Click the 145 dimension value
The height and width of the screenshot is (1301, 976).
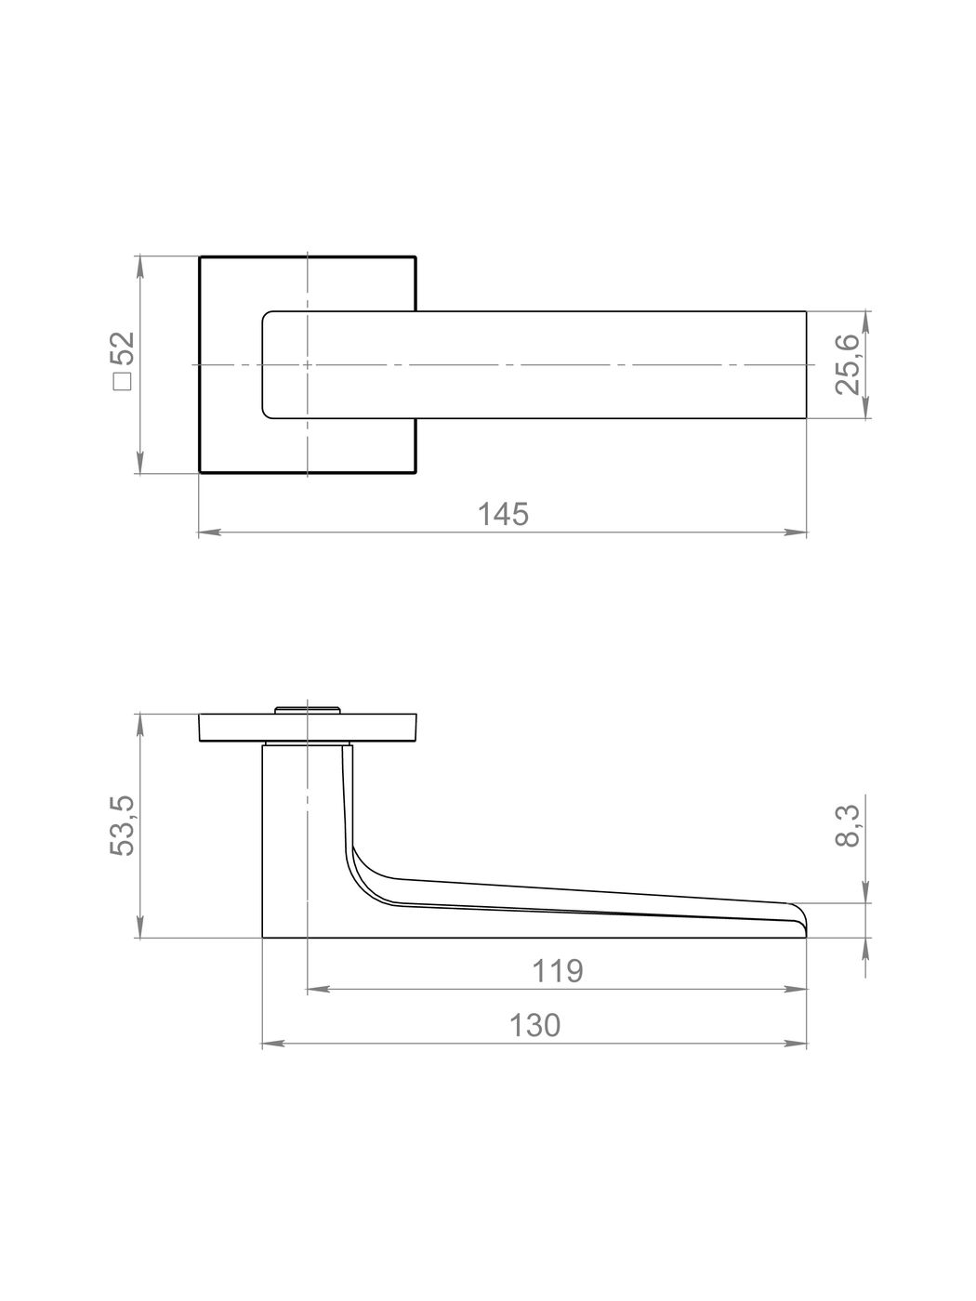[503, 514]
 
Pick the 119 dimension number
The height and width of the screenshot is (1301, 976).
[557, 970]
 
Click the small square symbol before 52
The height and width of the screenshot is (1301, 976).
[124, 382]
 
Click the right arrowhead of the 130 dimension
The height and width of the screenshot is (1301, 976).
[796, 1044]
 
